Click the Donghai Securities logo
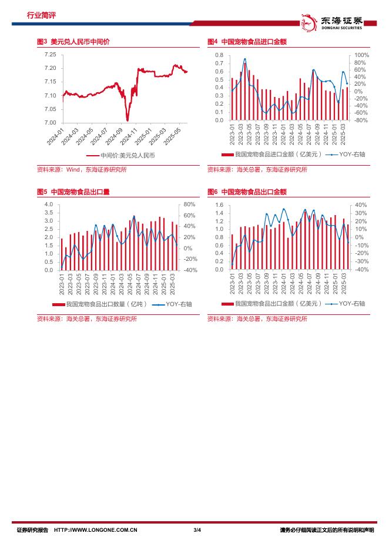[x=335, y=22]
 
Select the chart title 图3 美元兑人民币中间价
[x=73, y=42]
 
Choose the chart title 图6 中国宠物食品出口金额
[x=247, y=192]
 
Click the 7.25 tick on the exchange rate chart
[x=51, y=55]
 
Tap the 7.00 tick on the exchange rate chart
[x=51, y=123]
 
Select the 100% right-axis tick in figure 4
[x=361, y=55]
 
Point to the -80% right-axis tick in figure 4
[x=361, y=120]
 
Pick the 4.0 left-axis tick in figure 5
[x=49, y=204]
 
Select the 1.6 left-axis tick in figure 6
[x=219, y=204]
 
